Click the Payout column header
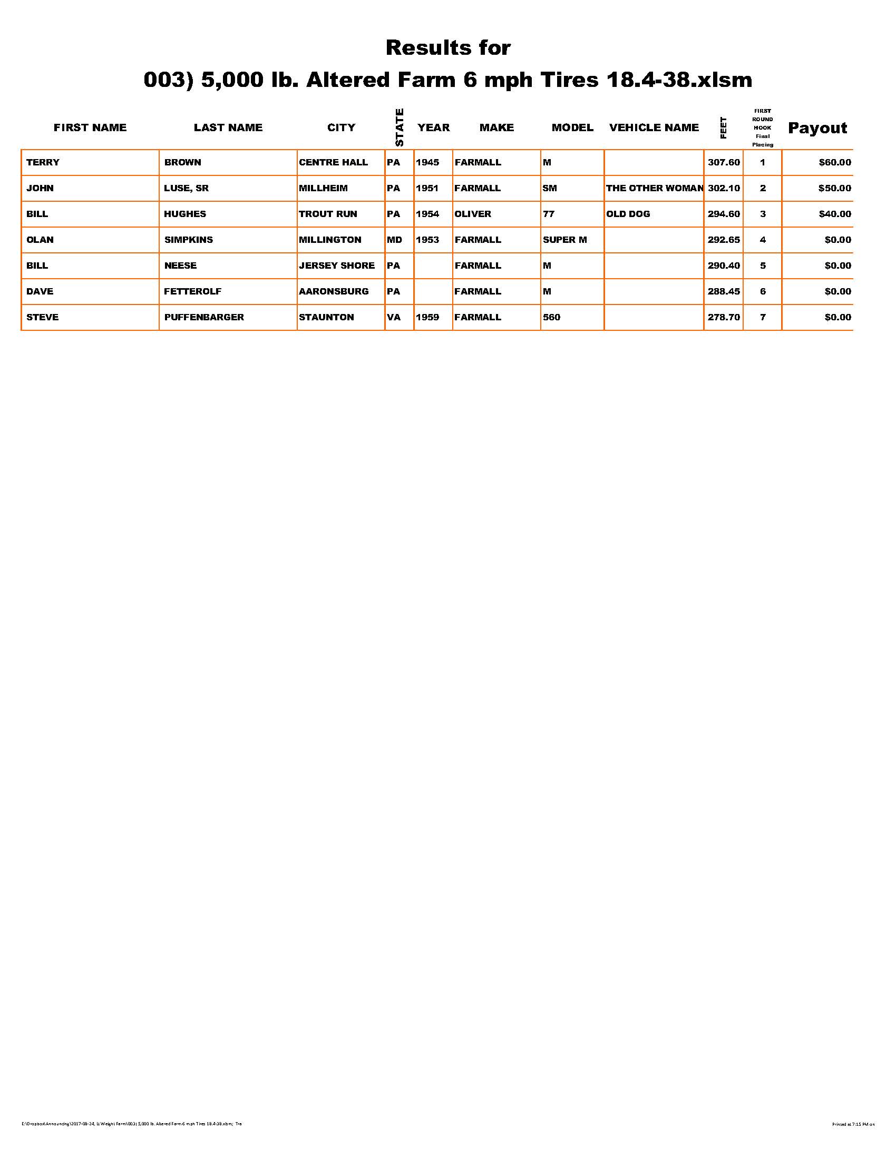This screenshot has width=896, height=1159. [x=817, y=128]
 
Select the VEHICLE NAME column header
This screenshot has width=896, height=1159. [x=654, y=127]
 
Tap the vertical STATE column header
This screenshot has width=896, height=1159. [x=399, y=127]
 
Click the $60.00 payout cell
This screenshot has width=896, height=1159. [x=834, y=162]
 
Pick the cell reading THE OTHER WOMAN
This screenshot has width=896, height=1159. [x=654, y=188]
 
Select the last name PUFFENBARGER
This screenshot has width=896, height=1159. [x=204, y=317]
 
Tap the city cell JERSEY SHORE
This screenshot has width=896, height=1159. [x=337, y=266]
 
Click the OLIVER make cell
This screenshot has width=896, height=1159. [x=472, y=214]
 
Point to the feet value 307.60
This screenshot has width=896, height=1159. [x=723, y=162]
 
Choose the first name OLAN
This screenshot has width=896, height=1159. [x=40, y=240]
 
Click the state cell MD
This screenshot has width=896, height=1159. [x=394, y=240]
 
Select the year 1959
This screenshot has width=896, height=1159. [x=427, y=317]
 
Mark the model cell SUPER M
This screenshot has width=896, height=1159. [x=564, y=240]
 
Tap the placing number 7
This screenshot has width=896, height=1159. [x=762, y=317]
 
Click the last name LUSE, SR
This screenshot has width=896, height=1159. [x=186, y=188]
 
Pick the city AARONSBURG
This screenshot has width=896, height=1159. [x=333, y=291]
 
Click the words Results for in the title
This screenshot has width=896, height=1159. [x=447, y=48]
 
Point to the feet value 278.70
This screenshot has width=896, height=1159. [x=723, y=317]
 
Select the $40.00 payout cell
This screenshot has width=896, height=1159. [x=834, y=214]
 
